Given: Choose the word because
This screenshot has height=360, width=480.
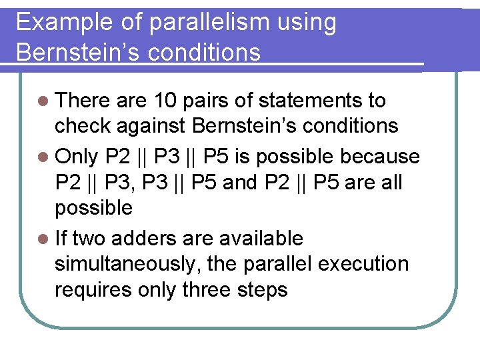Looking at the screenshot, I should (x=381, y=156).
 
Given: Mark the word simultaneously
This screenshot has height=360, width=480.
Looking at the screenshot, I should (x=128, y=263).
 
